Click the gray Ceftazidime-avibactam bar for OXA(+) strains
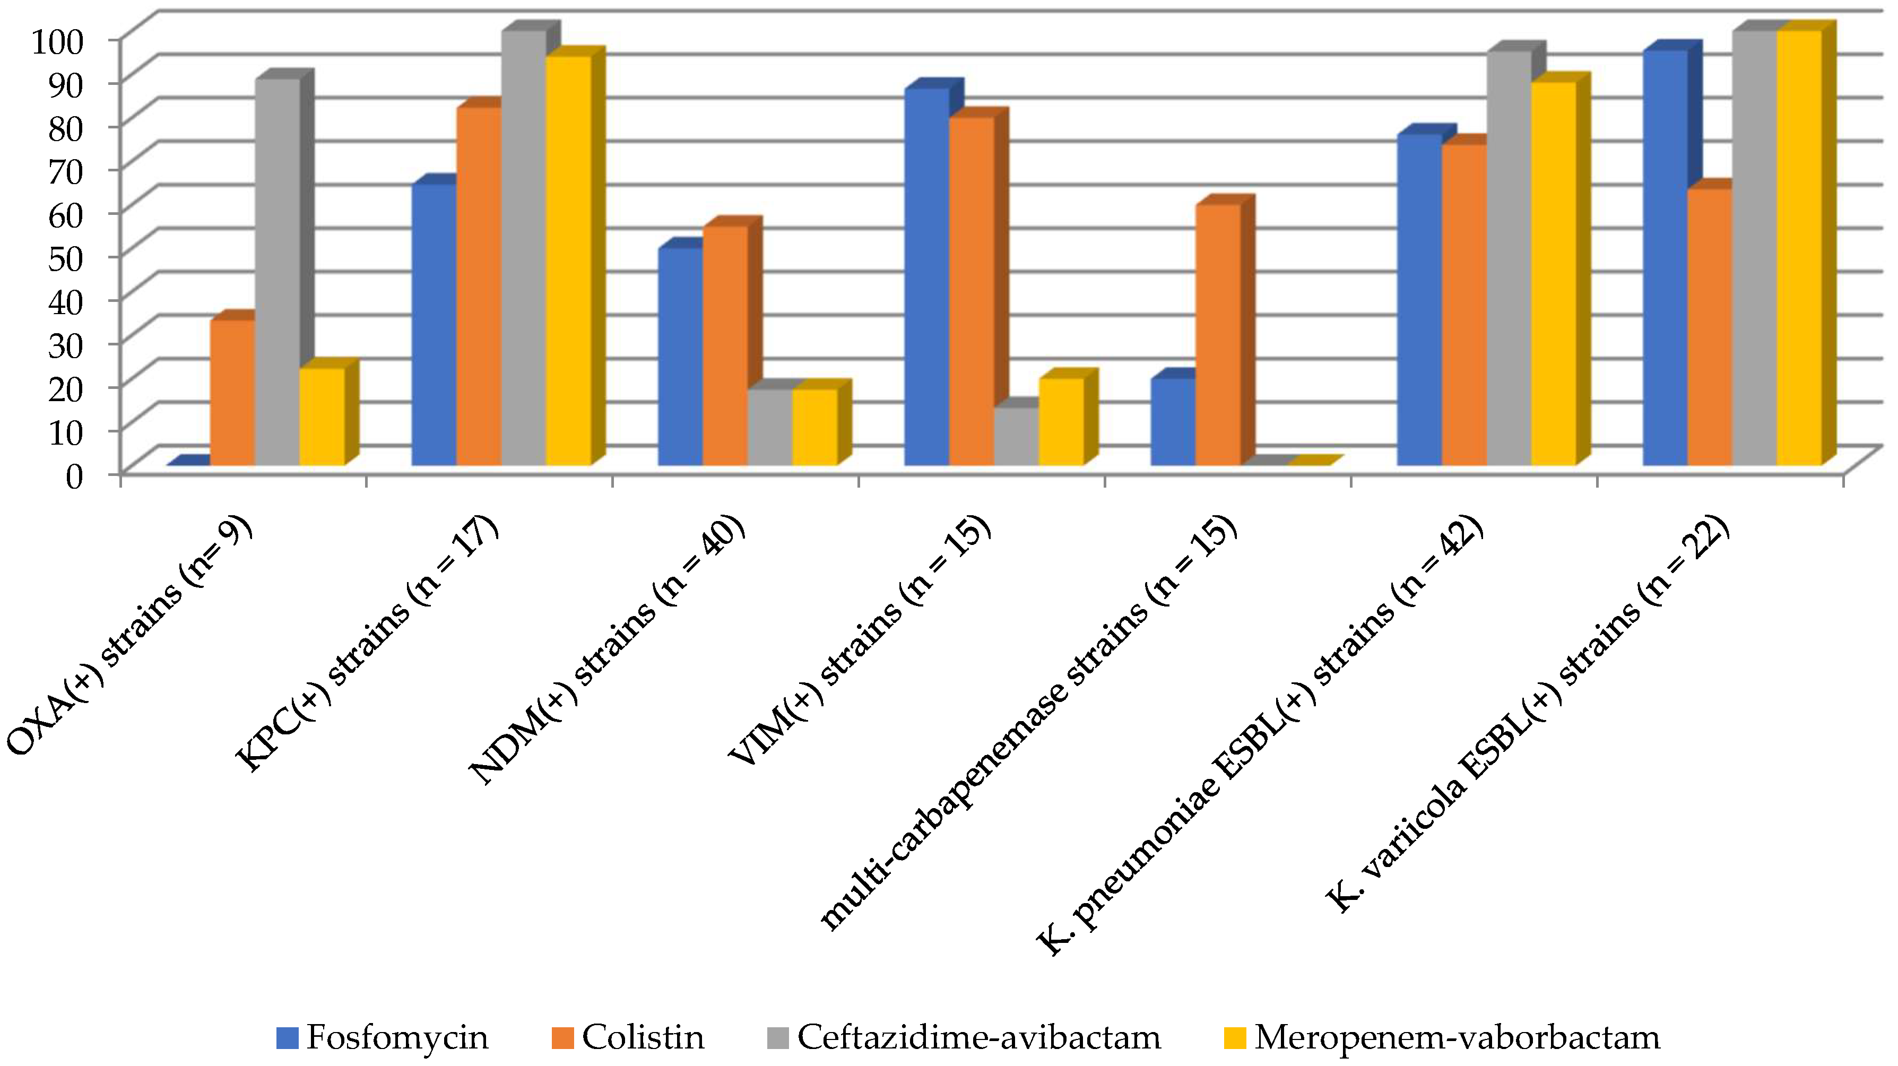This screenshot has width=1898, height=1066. (x=277, y=273)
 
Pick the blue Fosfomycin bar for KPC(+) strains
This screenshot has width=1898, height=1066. (x=434, y=324)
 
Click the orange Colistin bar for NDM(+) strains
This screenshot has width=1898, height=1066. (x=725, y=346)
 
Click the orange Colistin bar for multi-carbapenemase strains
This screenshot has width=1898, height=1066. (x=1218, y=335)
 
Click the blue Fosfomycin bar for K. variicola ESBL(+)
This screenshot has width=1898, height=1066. (x=1665, y=258)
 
